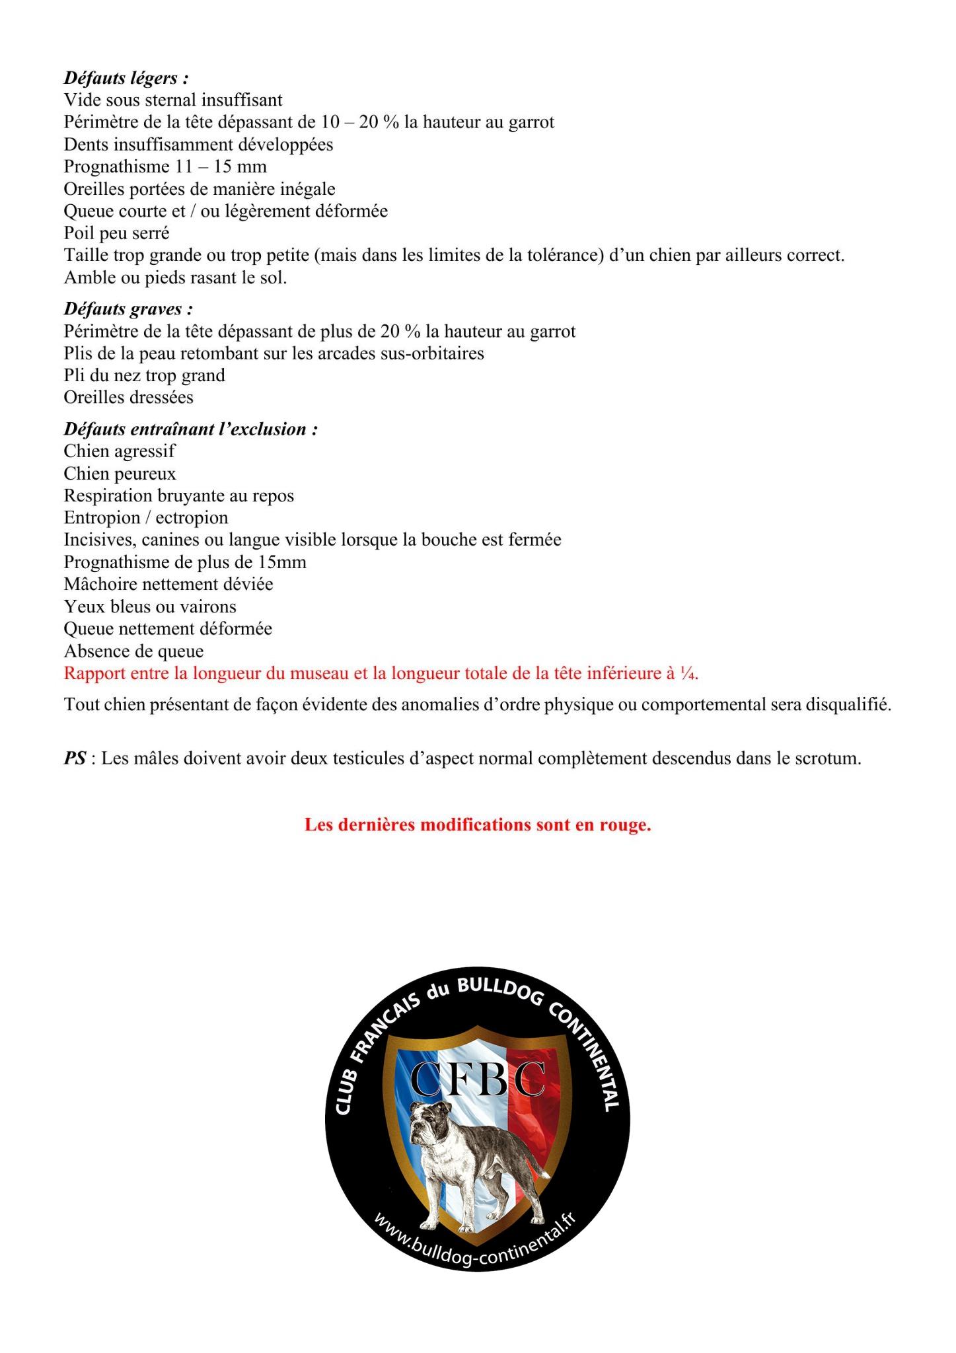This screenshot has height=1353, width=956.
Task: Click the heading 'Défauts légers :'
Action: point(126,78)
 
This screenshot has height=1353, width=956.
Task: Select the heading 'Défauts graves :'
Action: point(128,309)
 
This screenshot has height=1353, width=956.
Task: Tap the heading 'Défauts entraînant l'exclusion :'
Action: point(191,429)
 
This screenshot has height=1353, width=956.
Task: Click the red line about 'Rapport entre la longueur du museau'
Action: point(381,674)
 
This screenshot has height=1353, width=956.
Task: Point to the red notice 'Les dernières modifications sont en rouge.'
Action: point(478,825)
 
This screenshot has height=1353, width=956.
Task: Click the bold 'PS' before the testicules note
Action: point(75,758)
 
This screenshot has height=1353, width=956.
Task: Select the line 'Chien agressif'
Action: point(120,451)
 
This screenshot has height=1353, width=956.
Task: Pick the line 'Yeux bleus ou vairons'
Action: point(150,606)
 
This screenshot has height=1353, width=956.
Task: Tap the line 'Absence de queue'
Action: point(133,651)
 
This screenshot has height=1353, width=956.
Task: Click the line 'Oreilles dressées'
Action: point(128,398)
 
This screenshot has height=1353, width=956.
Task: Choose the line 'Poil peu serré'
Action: point(116,233)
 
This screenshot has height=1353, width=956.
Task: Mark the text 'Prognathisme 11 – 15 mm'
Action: point(165,166)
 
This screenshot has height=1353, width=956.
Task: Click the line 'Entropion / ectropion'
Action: point(145,518)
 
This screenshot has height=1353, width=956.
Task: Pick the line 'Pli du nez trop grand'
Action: point(144,375)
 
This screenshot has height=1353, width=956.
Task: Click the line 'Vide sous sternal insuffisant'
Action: point(173,100)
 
